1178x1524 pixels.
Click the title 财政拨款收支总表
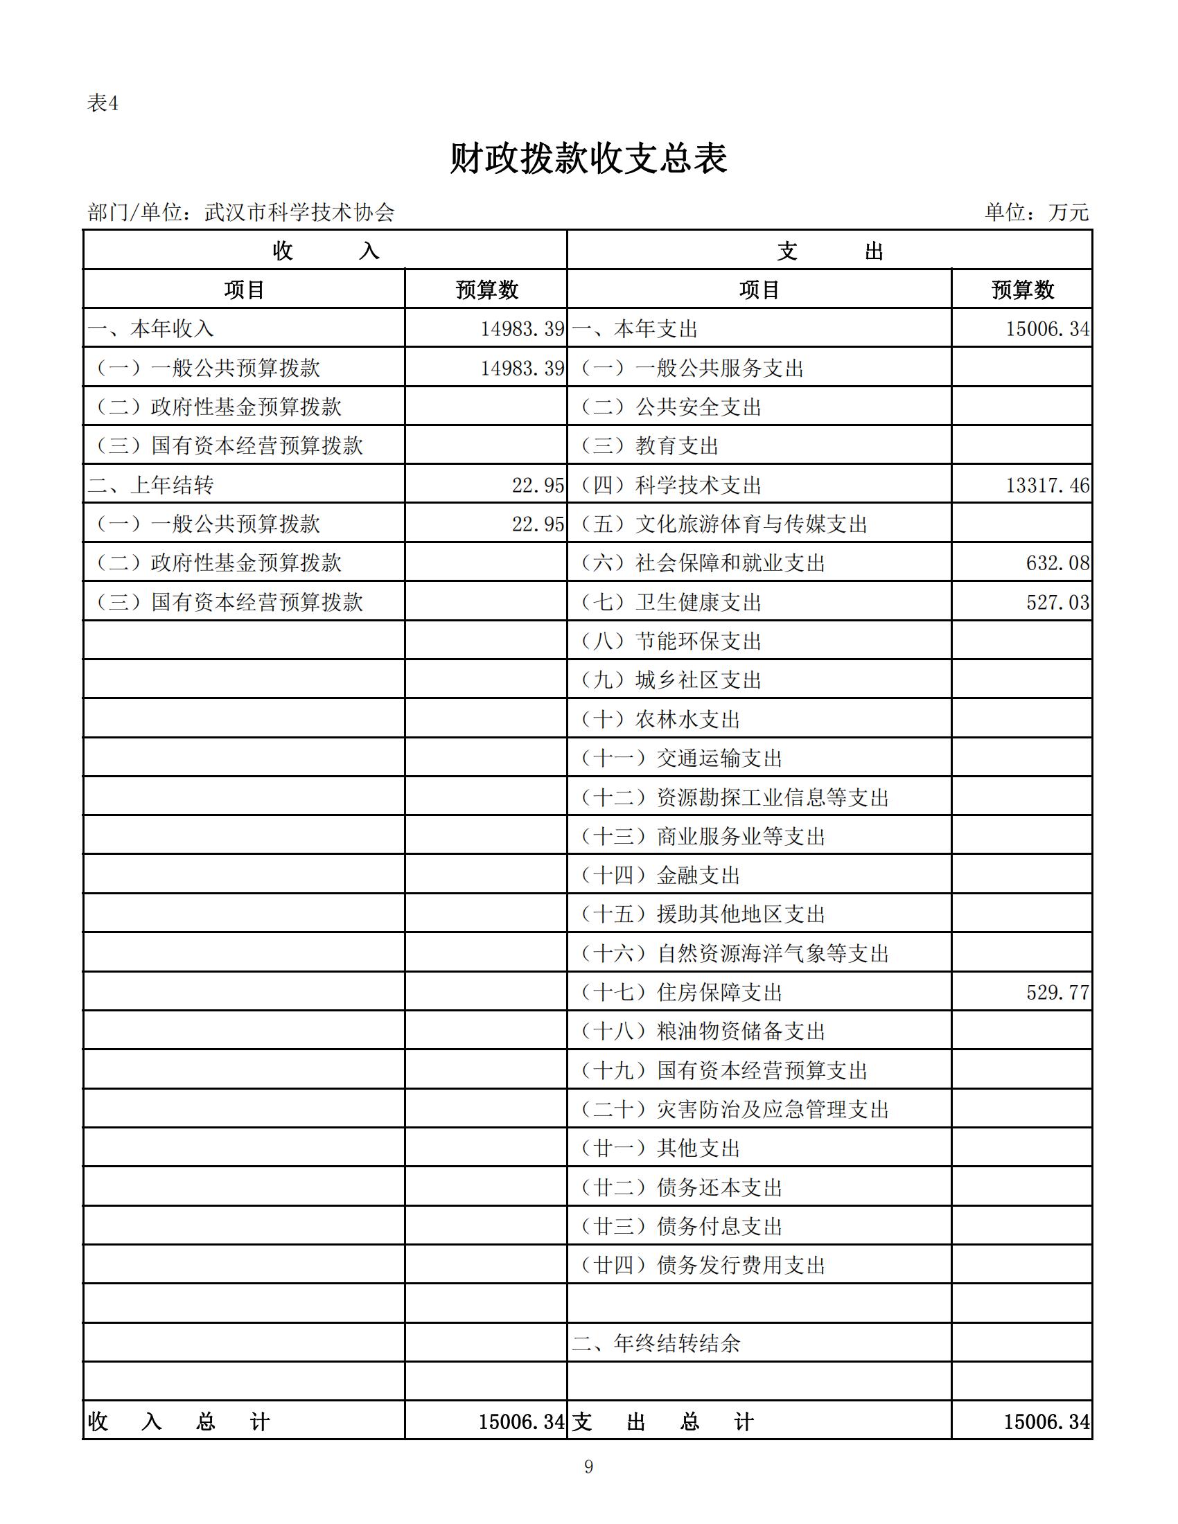(x=588, y=159)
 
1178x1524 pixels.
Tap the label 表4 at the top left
(x=103, y=104)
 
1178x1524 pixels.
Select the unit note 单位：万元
(x=1036, y=212)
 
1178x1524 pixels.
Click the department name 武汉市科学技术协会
(x=299, y=212)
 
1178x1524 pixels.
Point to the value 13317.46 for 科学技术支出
(x=1047, y=485)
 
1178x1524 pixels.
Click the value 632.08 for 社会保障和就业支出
(x=1057, y=563)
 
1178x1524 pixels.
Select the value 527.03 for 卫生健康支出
(x=1057, y=602)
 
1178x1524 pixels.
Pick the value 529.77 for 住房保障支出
(x=1057, y=992)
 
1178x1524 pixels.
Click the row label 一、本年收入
(x=151, y=328)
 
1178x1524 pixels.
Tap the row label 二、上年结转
(x=151, y=485)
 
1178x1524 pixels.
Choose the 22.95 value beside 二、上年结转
(x=537, y=485)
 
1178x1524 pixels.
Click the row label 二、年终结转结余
(x=656, y=1343)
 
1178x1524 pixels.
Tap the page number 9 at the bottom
(x=588, y=1467)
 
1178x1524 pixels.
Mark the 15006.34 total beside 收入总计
(x=520, y=1421)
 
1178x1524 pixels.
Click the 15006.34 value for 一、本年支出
(x=1047, y=328)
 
